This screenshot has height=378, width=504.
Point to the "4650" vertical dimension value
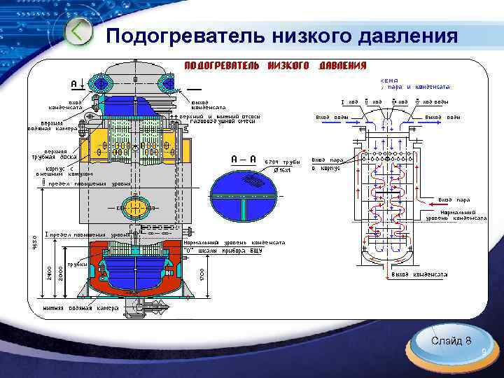[x=36, y=242]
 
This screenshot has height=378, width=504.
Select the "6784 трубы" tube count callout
[x=282, y=162]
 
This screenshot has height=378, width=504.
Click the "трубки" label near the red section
[x=77, y=264]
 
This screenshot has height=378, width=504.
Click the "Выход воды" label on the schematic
[x=443, y=116]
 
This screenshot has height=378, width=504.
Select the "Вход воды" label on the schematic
[x=332, y=116]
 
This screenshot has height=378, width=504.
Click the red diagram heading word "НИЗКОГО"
[x=288, y=66]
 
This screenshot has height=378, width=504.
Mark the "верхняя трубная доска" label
[x=55, y=155]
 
